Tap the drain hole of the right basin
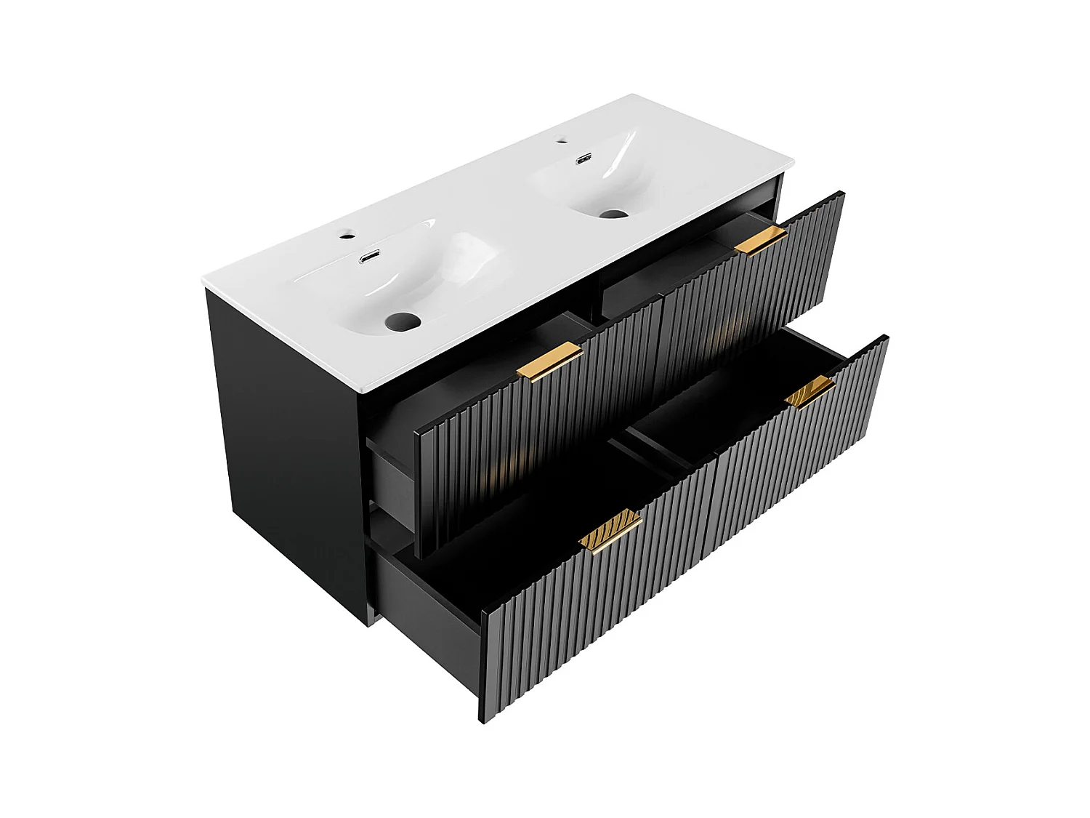(613, 214)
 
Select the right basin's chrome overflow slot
(584, 159)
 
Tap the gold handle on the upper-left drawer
(550, 361)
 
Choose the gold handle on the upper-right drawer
(760, 240)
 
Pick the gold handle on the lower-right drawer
(810, 393)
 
